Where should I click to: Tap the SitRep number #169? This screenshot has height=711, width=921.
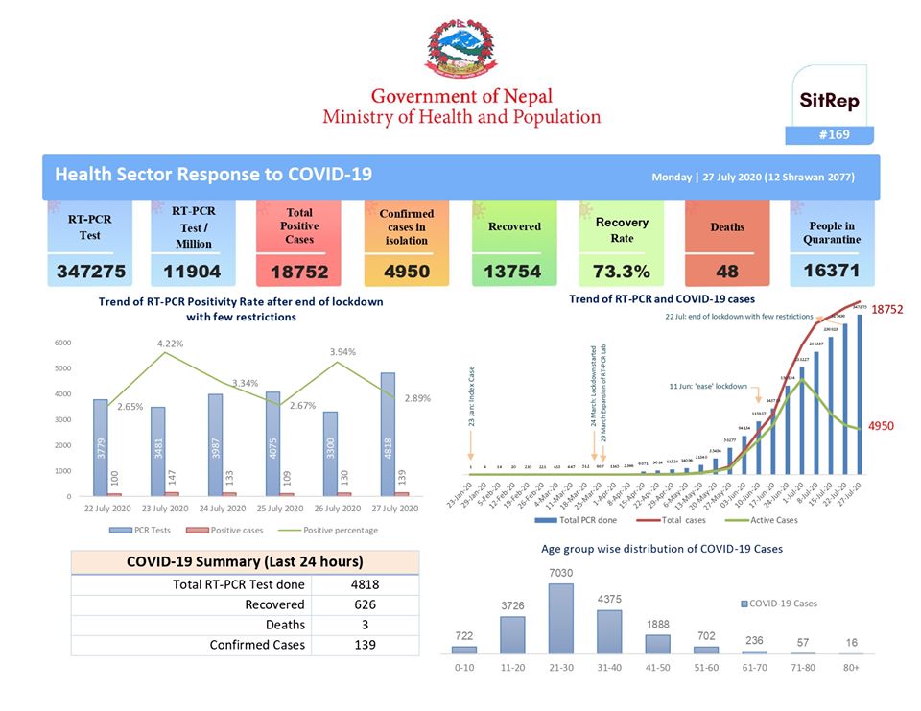[834, 135]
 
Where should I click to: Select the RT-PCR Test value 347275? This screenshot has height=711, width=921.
[90, 272]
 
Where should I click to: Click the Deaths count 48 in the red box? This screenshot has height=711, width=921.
[727, 273]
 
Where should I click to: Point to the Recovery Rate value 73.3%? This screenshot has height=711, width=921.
[621, 272]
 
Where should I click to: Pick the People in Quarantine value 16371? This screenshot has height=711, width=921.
[831, 271]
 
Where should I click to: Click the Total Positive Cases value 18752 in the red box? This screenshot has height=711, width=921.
[299, 273]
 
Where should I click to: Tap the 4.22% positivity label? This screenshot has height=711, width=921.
[169, 343]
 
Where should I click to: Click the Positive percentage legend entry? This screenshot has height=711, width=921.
[332, 530]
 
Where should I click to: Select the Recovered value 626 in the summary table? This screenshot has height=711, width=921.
[364, 604]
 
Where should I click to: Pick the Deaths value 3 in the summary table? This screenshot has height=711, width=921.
[364, 625]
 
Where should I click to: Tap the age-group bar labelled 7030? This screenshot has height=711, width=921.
[561, 618]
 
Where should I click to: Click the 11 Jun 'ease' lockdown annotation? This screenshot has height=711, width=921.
[708, 386]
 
